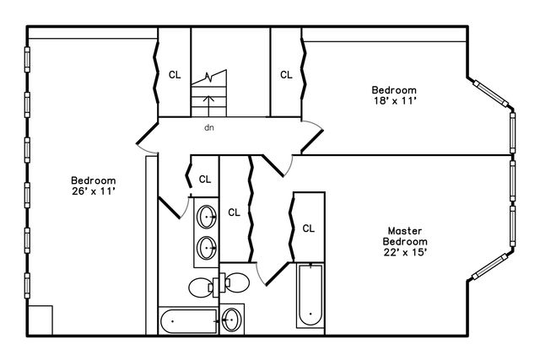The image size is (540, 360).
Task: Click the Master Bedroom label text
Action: pyautogui.click(x=405, y=236)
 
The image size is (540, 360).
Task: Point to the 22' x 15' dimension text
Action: pyautogui.click(x=405, y=252)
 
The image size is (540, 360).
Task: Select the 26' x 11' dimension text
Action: pyautogui.click(x=93, y=191)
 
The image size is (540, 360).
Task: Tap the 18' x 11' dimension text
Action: pyautogui.click(x=395, y=101)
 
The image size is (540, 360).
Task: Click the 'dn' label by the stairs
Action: pyautogui.click(x=209, y=127)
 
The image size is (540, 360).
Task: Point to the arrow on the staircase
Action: pyautogui.click(x=208, y=106)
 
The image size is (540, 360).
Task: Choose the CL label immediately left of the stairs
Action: pyautogui.click(x=175, y=75)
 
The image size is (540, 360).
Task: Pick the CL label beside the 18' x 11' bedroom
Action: pyautogui.click(x=286, y=75)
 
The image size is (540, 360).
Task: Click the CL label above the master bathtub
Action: pyautogui.click(x=308, y=228)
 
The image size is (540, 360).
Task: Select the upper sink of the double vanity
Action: pyautogui.click(x=206, y=217)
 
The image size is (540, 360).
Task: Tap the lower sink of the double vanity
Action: pyautogui.click(x=206, y=248)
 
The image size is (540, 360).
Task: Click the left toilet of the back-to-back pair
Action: pyautogui.click(x=201, y=287)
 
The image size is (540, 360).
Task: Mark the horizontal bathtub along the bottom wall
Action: pyautogui.click(x=188, y=321)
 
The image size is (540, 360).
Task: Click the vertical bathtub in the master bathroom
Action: pyautogui.click(x=310, y=295)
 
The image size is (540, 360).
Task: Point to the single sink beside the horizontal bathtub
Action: pyautogui.click(x=231, y=320)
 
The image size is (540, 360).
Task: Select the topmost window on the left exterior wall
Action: pyautogui.click(x=27, y=60)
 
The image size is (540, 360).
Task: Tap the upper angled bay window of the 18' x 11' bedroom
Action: pyautogui.click(x=491, y=94)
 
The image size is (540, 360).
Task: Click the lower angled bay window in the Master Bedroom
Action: pyautogui.click(x=490, y=266)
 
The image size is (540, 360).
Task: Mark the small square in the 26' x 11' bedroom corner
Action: pyautogui.click(x=40, y=320)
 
